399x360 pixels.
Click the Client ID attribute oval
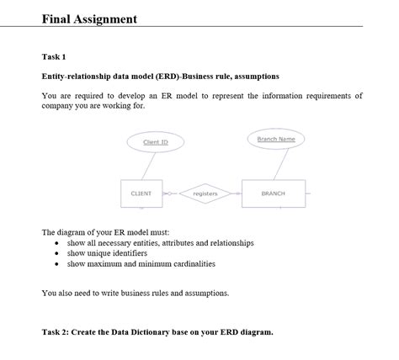(156, 142)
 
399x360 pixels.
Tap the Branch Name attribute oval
(276, 139)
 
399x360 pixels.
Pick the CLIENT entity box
(141, 193)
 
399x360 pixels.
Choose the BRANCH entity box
(274, 193)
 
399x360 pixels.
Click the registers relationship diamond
(205, 194)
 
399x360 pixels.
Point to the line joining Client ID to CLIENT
(147, 166)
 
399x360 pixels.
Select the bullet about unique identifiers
(107, 253)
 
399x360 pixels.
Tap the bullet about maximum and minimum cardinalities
(141, 263)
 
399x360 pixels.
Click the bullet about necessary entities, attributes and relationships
(160, 243)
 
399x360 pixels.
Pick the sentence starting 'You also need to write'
(135, 293)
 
